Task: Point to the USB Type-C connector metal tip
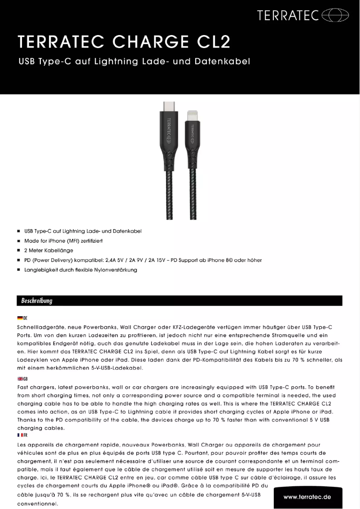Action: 168,107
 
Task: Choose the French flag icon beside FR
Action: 19,435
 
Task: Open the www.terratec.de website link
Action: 307,497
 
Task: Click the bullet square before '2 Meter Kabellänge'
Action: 18,251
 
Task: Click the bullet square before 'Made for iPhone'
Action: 18,241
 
